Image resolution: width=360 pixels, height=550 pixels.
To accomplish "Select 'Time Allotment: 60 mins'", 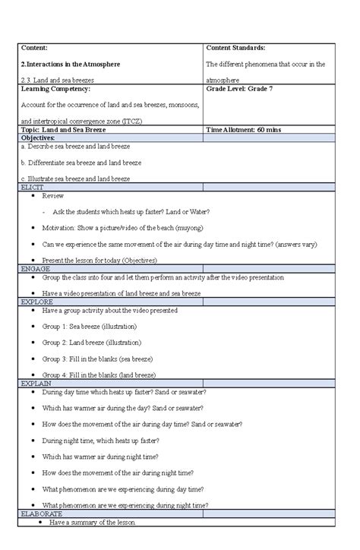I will (x=243, y=130).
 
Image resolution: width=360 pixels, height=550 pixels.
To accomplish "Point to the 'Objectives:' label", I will (x=38, y=138).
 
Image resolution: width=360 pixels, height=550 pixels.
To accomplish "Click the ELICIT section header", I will (x=32, y=186).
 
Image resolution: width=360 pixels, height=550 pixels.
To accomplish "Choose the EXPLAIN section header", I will (x=36, y=383).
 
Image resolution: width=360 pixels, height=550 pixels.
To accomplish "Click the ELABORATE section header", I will (x=42, y=514).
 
